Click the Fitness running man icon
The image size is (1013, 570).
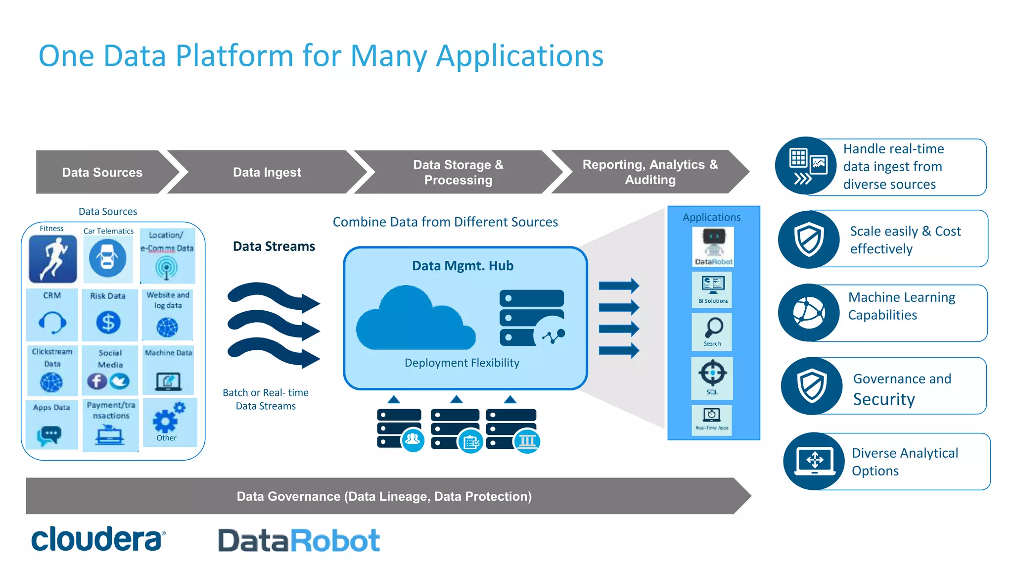pyautogui.click(x=53, y=259)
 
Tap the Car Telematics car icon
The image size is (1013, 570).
pyautogui.click(x=107, y=258)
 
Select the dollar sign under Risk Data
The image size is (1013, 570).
pyautogui.click(x=108, y=322)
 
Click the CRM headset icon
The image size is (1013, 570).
pyautogui.click(x=52, y=323)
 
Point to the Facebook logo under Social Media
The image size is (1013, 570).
pyautogui.click(x=97, y=381)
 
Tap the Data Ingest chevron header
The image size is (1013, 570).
pyautogui.click(x=267, y=172)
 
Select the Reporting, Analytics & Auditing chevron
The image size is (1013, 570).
pyautogui.click(x=649, y=172)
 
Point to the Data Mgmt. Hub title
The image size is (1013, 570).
pyautogui.click(x=462, y=266)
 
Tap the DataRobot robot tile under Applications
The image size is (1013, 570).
pyautogui.click(x=713, y=246)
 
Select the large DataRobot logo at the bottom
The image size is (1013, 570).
pyautogui.click(x=299, y=540)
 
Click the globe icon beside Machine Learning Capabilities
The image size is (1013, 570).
pyautogui.click(x=808, y=313)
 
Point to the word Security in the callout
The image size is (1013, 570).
pyautogui.click(x=884, y=399)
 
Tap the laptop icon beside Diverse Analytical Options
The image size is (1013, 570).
pyautogui.click(x=814, y=461)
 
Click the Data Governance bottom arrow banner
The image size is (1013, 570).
pyautogui.click(x=384, y=496)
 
